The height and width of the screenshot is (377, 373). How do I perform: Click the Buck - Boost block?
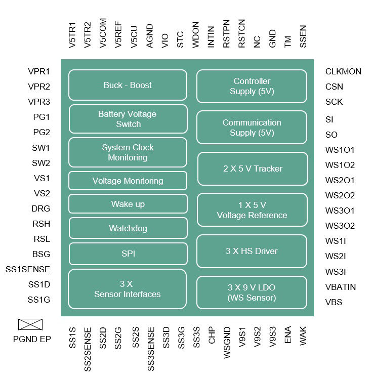pyautogui.click(x=128, y=85)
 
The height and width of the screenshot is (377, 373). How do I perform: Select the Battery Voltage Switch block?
pyautogui.click(x=128, y=119)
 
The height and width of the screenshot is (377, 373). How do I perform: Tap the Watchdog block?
pyautogui.click(x=128, y=228)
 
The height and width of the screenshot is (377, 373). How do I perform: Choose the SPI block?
pyautogui.click(x=128, y=254)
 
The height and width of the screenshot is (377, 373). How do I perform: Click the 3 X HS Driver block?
pyautogui.click(x=252, y=251)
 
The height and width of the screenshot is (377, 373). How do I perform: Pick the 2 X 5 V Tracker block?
pyautogui.click(x=253, y=169)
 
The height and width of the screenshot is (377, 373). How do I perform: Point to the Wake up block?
pyautogui.click(x=128, y=204)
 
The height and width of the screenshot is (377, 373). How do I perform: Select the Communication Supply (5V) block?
pyautogui.click(x=252, y=128)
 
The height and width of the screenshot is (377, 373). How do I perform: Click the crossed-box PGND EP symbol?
pyautogui.click(x=30, y=324)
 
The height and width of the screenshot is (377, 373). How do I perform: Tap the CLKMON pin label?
pyautogui.click(x=343, y=71)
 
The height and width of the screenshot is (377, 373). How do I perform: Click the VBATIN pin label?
pyautogui.click(x=340, y=287)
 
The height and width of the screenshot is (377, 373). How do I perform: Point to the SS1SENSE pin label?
pyautogui.click(x=28, y=269)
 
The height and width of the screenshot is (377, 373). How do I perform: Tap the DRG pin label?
pyautogui.click(x=40, y=208)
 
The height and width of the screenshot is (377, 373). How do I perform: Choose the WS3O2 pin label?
pyautogui.click(x=340, y=226)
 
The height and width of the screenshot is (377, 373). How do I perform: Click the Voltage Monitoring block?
pyautogui.click(x=128, y=181)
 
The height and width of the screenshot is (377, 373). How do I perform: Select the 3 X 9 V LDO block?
pyautogui.click(x=252, y=292)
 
